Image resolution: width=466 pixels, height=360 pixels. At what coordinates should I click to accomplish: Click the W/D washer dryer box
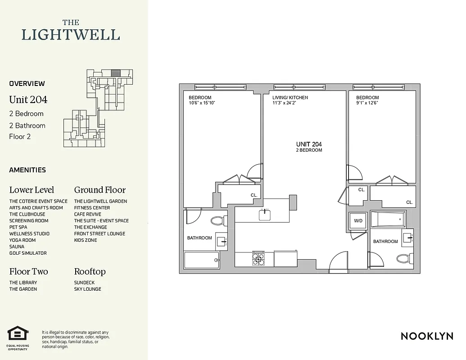pos(358,221)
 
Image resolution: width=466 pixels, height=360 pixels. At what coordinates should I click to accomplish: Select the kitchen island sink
pos(265,215)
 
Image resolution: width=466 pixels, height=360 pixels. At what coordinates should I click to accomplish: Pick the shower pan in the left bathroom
pos(201,260)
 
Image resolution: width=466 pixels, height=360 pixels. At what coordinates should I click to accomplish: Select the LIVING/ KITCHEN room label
pos(290,97)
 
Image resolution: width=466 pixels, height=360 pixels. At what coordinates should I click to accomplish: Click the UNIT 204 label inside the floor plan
pos(309,144)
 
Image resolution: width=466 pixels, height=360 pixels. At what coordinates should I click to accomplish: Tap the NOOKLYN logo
pos(427,336)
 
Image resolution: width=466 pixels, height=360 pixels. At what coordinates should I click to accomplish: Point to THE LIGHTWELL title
pos(71,31)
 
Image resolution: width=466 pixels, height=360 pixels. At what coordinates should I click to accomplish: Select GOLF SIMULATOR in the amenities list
pos(28,253)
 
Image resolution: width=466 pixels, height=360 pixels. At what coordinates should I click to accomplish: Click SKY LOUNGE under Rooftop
pos(87,289)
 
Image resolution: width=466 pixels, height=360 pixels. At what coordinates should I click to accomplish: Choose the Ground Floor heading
pos(100,190)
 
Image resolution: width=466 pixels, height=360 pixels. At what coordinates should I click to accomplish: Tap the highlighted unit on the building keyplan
pos(116,72)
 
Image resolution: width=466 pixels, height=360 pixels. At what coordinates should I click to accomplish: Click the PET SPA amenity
pos(18,227)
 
